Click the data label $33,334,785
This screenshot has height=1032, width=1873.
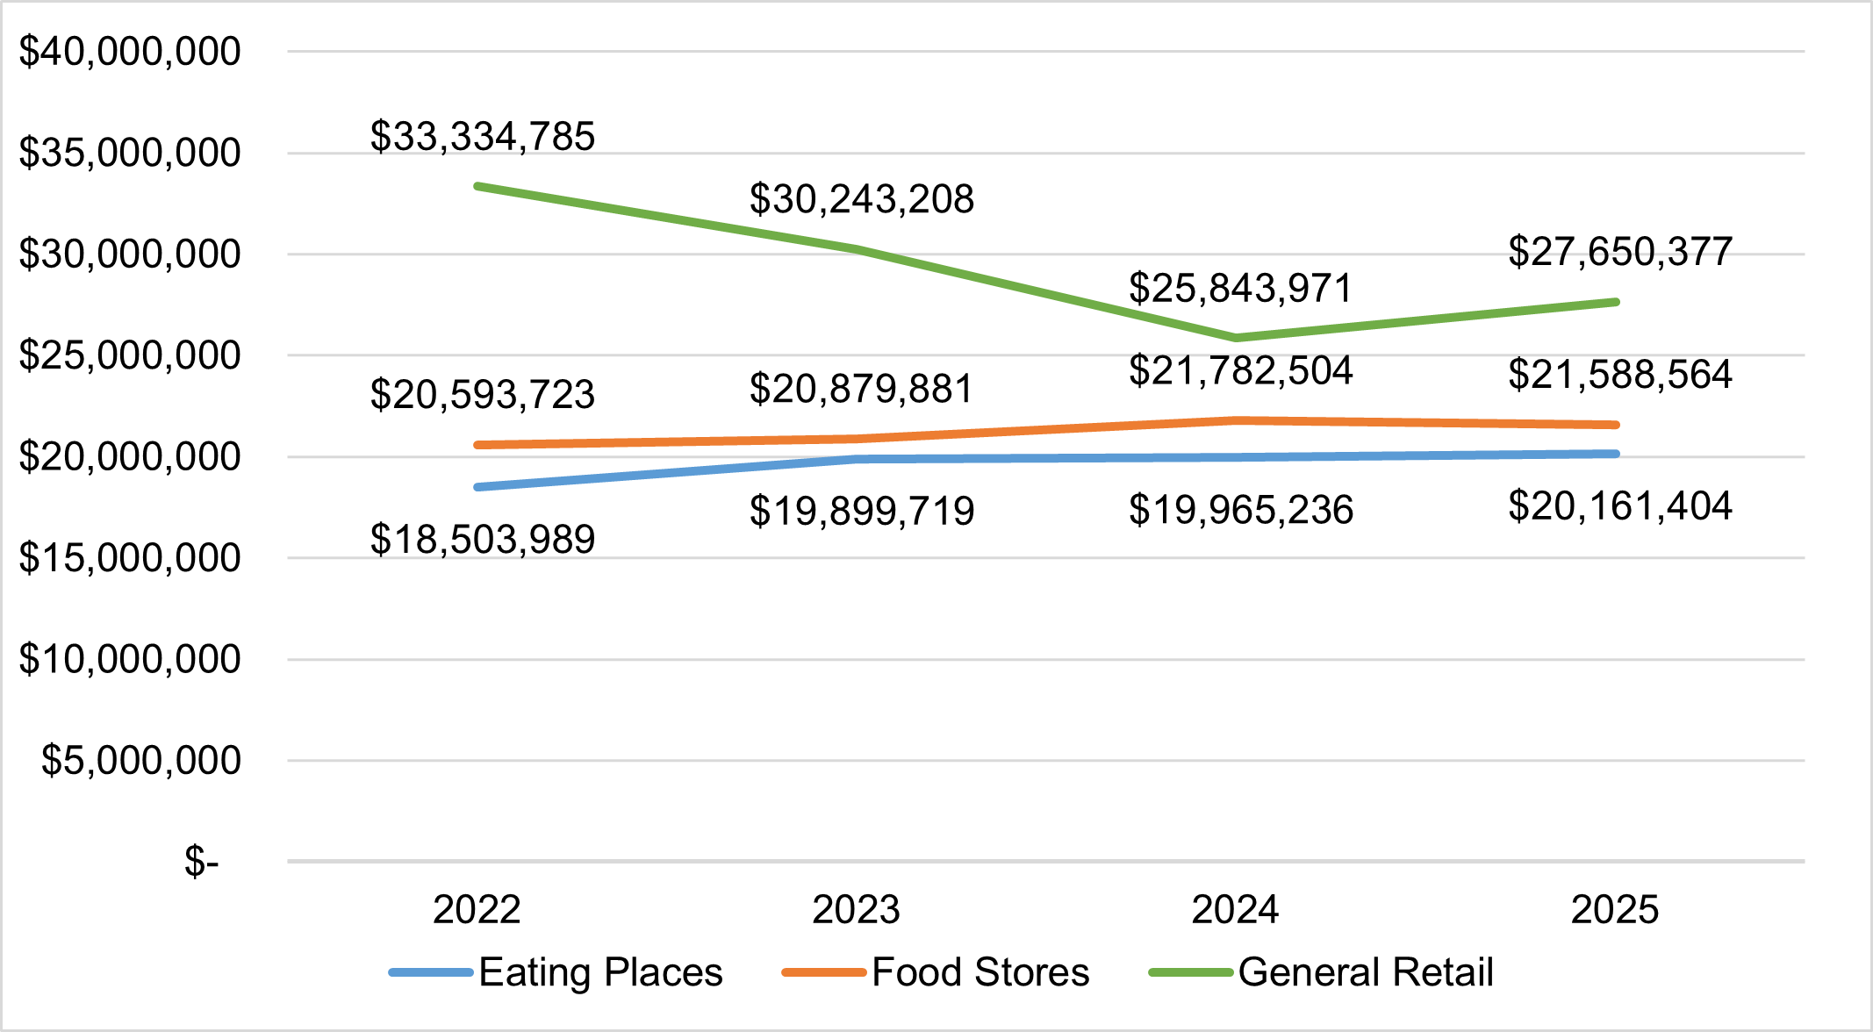(x=483, y=137)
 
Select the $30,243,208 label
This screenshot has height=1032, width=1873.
(x=862, y=200)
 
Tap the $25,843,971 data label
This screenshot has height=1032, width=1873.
(x=1241, y=289)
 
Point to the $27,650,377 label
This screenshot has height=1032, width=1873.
(x=1620, y=252)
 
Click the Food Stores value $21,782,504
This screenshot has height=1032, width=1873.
(x=1241, y=370)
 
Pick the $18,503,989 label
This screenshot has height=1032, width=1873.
(x=483, y=539)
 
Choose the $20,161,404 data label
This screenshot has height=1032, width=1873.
(x=1620, y=506)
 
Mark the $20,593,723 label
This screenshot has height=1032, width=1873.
(x=483, y=394)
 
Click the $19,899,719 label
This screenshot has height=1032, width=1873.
(x=862, y=511)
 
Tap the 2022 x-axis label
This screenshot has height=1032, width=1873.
(x=477, y=909)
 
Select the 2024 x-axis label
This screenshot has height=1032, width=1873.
(x=1235, y=909)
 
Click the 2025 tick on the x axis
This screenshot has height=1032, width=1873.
(x=1614, y=909)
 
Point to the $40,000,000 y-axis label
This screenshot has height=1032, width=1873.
(x=130, y=52)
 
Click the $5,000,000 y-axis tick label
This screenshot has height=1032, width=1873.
(x=140, y=760)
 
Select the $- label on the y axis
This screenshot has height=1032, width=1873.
(x=201, y=862)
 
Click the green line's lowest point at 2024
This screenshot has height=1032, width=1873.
(x=1236, y=338)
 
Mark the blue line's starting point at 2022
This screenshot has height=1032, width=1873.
(x=477, y=487)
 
